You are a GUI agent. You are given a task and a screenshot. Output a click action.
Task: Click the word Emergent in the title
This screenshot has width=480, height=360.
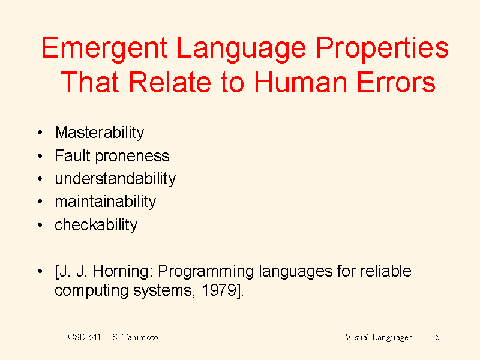click(104, 49)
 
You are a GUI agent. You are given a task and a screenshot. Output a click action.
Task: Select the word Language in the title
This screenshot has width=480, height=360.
click(241, 49)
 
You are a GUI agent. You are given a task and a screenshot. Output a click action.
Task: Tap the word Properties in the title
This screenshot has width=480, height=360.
click(382, 49)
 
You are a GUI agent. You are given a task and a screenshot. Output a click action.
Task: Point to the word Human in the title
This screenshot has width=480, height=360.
click(301, 82)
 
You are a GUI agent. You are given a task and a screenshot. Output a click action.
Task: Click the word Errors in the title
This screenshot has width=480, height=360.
click(396, 82)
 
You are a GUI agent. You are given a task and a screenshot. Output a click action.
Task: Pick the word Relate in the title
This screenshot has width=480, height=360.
click(170, 82)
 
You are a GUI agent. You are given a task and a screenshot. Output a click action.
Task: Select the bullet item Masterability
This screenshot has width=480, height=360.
click(100, 133)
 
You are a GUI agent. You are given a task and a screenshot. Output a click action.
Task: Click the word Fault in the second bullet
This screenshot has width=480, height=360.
click(72, 155)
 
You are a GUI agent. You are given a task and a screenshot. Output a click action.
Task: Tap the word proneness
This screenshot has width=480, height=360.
click(132, 157)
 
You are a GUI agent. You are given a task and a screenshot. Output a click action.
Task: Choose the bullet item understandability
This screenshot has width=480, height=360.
click(115, 179)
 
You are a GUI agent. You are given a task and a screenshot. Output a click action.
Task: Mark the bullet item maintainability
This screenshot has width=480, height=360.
click(106, 202)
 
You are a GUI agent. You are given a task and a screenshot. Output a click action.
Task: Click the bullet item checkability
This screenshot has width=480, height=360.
click(96, 225)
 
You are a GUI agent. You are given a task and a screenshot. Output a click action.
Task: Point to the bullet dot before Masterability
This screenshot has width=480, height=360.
click(40, 133)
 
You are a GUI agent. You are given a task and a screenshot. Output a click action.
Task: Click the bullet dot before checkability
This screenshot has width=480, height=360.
click(40, 225)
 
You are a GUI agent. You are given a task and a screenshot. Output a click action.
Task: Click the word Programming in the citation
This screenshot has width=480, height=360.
click(206, 272)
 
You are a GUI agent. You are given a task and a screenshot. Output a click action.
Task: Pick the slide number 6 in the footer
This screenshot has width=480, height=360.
click(437, 337)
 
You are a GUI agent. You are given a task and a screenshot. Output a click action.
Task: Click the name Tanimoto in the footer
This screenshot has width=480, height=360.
click(140, 337)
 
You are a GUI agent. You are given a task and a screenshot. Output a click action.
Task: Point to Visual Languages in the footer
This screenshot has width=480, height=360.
click(379, 337)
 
